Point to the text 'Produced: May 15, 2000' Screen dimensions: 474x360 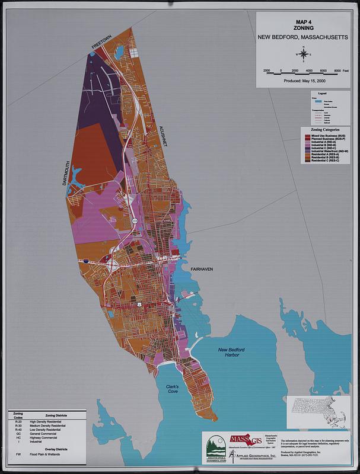coord(305,80)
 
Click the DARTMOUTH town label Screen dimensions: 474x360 coord(66,174)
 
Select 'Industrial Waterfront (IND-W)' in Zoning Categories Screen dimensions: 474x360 coord(329,152)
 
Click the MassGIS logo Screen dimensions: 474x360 coord(244,440)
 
